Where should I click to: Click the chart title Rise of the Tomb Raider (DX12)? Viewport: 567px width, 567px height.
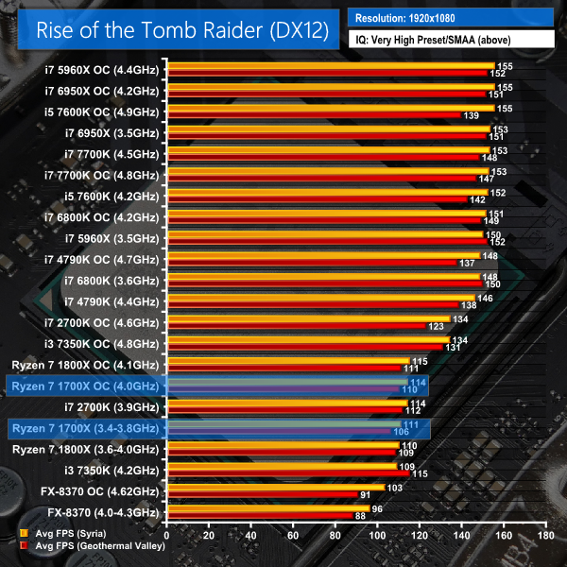coord(182,29)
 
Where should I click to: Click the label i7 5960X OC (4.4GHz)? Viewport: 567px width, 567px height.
coord(103,70)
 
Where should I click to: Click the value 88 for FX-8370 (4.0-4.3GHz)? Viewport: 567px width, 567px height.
coord(360,516)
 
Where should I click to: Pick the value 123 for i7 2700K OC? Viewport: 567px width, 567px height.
coord(438,326)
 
